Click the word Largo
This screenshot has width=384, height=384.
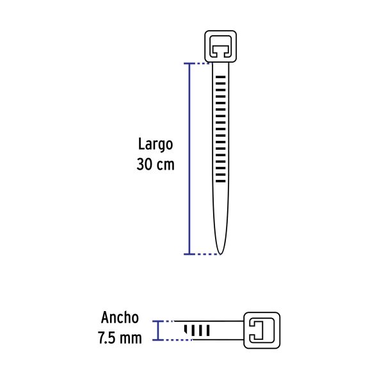pos(155,144)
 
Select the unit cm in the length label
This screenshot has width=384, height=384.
pos(164,164)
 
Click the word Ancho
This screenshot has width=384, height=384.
pos(120,317)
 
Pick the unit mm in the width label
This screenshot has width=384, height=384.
pos(132,337)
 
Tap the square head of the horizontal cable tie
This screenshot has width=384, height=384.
pos(261,330)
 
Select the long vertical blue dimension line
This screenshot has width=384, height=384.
pos(188,160)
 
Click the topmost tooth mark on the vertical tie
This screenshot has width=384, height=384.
pos(221,76)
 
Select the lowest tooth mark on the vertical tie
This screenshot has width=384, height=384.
pos(221,181)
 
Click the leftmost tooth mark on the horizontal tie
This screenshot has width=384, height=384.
pos(186,330)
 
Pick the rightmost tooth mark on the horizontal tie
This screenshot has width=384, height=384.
pos(208,330)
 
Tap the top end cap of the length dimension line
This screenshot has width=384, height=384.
pos(188,63)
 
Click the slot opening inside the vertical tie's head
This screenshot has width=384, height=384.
pos(219,47)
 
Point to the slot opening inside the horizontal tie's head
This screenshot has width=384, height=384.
pos(259,330)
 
